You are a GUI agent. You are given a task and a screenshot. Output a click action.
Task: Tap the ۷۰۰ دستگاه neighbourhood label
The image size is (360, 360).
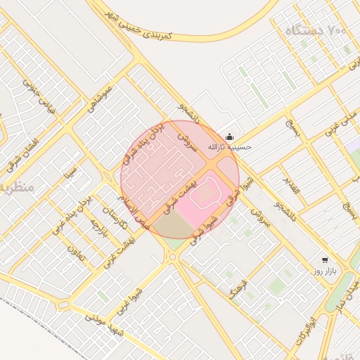[317, 32]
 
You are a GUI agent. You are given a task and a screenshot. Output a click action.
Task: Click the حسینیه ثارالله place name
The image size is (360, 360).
[229, 148]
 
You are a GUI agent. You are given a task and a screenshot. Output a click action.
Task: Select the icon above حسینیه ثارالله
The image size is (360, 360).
[229, 137]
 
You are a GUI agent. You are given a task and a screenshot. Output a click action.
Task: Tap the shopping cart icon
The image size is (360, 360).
[323, 259]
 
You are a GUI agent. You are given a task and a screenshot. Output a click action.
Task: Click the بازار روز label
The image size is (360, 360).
[325, 271]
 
